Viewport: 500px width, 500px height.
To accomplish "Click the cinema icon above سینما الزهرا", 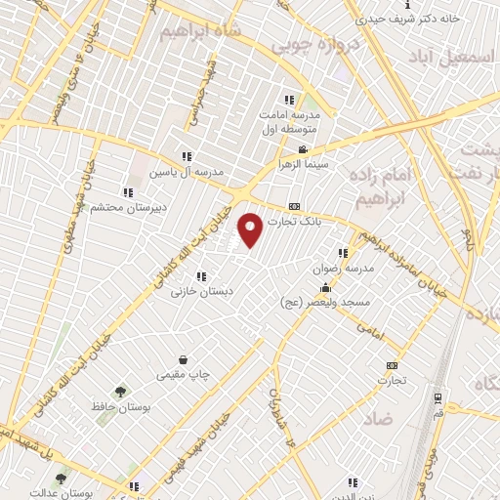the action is point(304,149).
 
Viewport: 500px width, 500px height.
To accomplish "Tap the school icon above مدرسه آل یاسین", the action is point(187,156).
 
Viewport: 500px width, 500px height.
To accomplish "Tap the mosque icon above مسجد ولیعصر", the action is point(325,289).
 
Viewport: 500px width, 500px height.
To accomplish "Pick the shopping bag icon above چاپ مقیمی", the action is point(183,359).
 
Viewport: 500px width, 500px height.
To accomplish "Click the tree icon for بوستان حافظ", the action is point(119,391).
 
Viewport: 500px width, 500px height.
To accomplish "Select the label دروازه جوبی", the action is point(305,44).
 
